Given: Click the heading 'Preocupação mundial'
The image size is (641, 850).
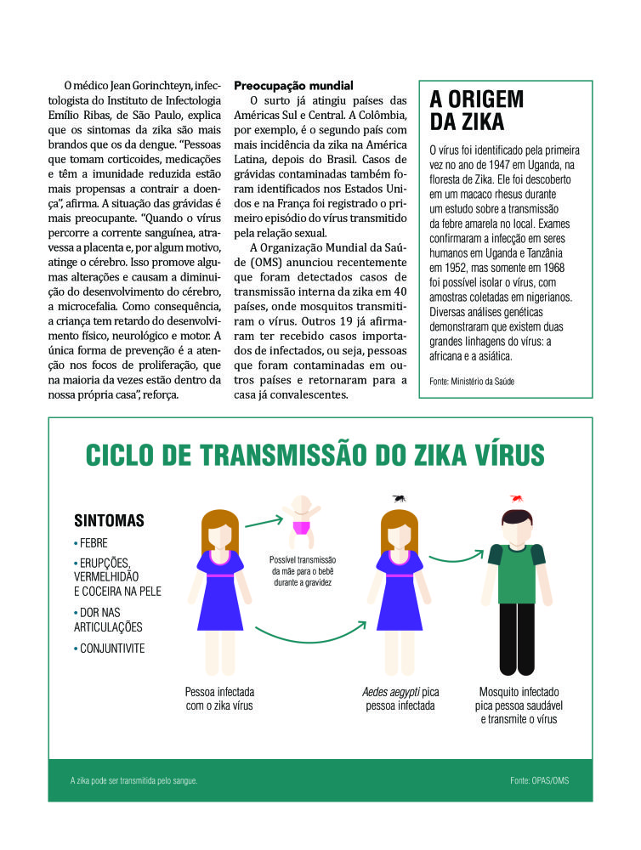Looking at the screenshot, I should (x=293, y=86).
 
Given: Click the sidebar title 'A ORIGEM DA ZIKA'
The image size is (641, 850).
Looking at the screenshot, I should (x=477, y=110).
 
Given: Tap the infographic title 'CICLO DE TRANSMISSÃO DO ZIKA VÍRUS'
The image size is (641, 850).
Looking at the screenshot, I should (x=315, y=454).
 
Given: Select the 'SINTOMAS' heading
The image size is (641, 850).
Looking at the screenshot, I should (x=109, y=520).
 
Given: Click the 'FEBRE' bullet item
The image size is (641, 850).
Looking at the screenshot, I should (x=93, y=543).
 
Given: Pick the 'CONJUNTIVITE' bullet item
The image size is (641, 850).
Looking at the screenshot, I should (x=111, y=649).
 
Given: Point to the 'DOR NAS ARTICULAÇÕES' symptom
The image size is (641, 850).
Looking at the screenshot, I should (x=109, y=620).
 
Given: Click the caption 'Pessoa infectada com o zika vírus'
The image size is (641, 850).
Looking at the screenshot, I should (x=219, y=699).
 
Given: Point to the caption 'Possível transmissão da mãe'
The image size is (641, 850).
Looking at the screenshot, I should (x=303, y=571).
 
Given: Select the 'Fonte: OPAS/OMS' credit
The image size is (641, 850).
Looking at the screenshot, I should (x=540, y=779).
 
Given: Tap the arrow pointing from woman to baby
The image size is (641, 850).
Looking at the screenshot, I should (x=262, y=520).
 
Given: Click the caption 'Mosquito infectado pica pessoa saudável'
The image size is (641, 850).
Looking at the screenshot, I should (x=518, y=705).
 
